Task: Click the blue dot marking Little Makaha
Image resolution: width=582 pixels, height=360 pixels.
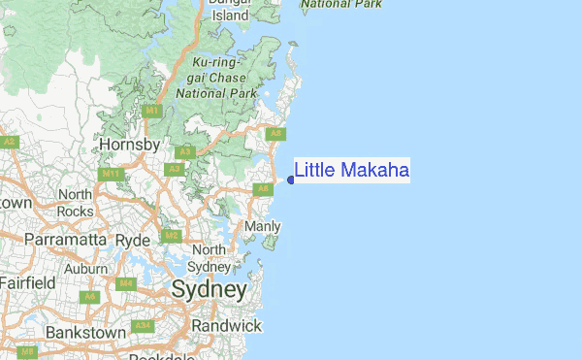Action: click(x=291, y=180)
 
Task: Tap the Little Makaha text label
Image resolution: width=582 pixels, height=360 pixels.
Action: click(x=351, y=171)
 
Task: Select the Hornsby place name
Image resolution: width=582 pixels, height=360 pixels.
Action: click(x=129, y=145)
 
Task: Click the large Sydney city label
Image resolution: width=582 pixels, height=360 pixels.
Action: click(x=209, y=289)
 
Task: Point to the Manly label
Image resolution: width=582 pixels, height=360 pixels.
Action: click(x=262, y=226)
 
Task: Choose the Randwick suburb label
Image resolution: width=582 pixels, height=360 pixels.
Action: click(x=227, y=325)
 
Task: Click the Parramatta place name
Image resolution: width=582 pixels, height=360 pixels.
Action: click(x=59, y=239)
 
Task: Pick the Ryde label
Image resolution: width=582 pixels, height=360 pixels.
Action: click(x=133, y=239)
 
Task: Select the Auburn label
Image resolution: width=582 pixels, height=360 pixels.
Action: click(x=85, y=268)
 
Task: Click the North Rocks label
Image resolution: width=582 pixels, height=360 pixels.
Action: click(x=75, y=203)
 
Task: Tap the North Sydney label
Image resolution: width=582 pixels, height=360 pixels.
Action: click(x=209, y=258)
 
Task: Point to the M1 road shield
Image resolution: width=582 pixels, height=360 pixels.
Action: click(x=152, y=112)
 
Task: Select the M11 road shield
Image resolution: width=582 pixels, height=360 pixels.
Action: click(x=111, y=174)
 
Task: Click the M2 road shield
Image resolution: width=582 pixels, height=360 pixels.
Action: click(x=171, y=236)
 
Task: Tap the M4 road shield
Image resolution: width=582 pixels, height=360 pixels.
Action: click(x=125, y=283)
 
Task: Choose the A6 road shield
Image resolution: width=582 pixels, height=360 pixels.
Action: click(x=90, y=296)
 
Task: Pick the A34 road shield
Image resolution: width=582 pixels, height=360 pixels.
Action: click(x=143, y=325)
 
